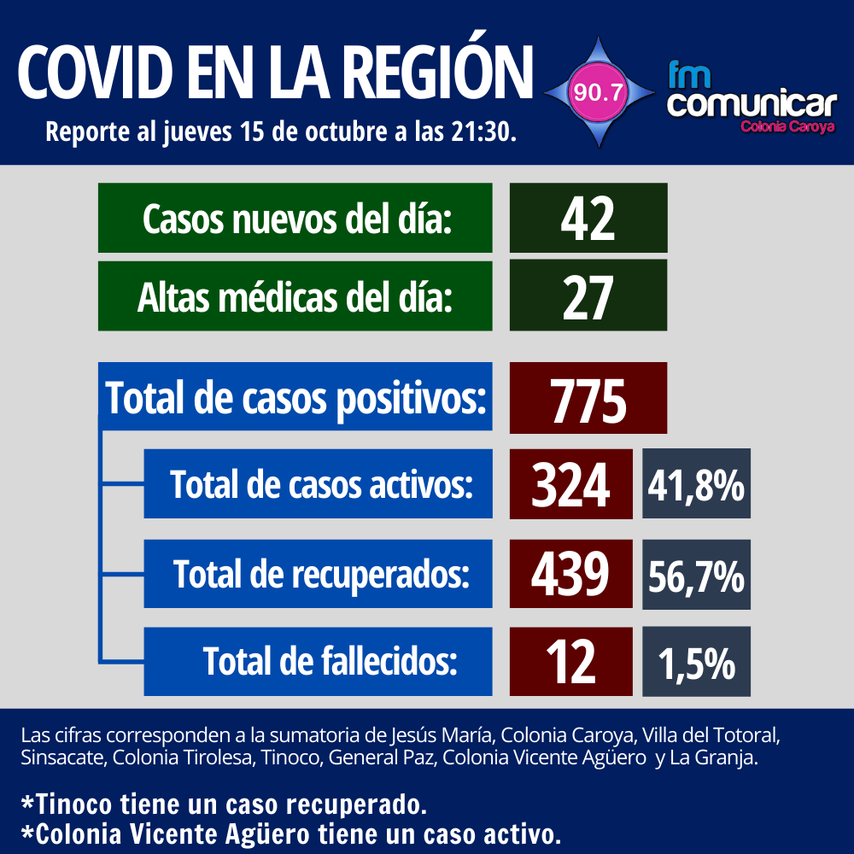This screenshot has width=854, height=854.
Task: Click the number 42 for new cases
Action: [588, 219]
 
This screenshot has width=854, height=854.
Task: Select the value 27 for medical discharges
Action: [588, 296]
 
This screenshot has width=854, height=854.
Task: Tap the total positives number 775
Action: [588, 399]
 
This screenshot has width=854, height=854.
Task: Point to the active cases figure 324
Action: [570, 485]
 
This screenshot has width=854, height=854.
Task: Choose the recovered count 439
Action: [570, 574]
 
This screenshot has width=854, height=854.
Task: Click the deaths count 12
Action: [570, 662]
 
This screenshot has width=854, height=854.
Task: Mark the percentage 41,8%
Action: [696, 485]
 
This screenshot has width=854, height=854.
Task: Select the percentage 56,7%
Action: [696, 576]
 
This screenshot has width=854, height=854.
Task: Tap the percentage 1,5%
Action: [696, 663]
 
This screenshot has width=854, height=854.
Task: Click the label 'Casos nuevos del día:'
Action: [295, 219]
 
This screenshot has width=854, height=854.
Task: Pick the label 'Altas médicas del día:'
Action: [295, 296]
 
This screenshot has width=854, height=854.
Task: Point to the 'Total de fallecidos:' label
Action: [330, 661]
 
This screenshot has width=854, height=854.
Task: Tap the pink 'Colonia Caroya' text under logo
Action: [787, 126]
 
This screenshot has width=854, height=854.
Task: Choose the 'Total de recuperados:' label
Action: [321, 574]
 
